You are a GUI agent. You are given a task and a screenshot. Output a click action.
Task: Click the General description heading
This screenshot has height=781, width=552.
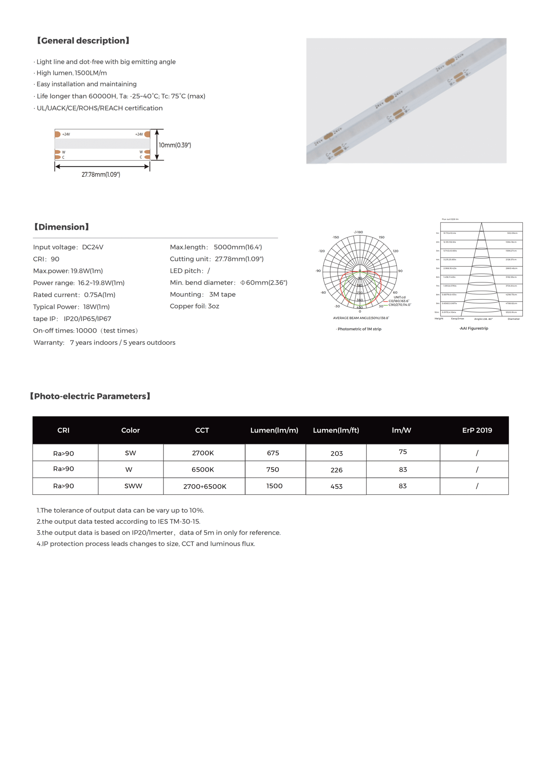tap(83, 41)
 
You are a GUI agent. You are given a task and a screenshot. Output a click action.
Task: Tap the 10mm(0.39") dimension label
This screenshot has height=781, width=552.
tap(175, 145)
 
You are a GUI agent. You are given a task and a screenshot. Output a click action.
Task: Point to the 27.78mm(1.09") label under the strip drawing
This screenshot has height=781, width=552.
tap(101, 175)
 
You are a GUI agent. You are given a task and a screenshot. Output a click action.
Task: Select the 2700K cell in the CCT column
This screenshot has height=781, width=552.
tap(203, 453)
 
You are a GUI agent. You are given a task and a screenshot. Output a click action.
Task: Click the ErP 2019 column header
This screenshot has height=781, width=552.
tap(477, 430)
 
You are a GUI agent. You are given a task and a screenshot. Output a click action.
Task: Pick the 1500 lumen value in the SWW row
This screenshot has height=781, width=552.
tap(274, 486)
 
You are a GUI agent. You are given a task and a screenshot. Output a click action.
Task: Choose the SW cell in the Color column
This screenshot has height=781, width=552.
tap(130, 453)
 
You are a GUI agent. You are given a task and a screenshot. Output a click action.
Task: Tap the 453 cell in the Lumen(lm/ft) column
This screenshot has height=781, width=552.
tap(336, 486)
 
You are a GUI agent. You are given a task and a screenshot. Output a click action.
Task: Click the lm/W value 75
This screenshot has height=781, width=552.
tap(403, 452)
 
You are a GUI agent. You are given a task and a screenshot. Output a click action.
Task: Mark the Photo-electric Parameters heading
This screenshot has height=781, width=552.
tap(90, 396)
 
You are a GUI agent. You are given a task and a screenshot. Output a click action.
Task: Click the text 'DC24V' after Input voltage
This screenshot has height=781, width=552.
tap(92, 247)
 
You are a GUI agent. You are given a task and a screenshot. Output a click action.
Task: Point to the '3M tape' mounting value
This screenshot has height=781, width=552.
tap(222, 294)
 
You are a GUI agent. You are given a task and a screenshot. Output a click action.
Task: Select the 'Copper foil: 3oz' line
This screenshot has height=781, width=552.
tap(194, 306)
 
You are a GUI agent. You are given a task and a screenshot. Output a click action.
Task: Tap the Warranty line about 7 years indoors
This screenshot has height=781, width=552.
tap(104, 342)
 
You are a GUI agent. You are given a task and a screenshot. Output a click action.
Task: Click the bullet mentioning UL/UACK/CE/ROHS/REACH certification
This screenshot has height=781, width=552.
tap(99, 108)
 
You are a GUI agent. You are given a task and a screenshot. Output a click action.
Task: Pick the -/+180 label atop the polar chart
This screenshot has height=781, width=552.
tap(358, 232)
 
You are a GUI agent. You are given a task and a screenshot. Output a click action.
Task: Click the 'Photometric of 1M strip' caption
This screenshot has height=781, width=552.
tap(359, 329)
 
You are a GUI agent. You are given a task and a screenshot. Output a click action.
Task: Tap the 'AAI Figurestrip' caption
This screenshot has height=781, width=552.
tap(474, 328)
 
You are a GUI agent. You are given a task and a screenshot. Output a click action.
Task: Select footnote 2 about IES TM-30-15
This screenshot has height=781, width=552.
tap(118, 521)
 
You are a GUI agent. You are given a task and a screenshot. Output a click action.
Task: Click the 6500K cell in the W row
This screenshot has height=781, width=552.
tap(203, 469)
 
